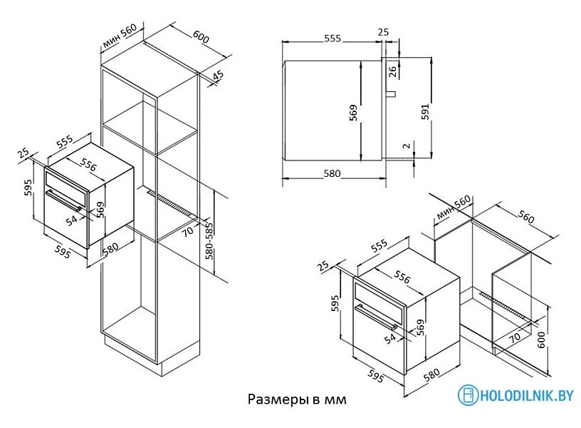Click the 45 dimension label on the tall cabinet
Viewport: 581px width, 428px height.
(218, 75)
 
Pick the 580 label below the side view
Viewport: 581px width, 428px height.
(332, 173)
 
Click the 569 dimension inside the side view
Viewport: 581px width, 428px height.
(353, 114)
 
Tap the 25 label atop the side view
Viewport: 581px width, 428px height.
(383, 32)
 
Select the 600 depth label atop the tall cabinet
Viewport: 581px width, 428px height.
(201, 37)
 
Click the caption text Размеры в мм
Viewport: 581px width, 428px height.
(297, 399)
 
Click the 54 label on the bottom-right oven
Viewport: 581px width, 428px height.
(389, 340)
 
